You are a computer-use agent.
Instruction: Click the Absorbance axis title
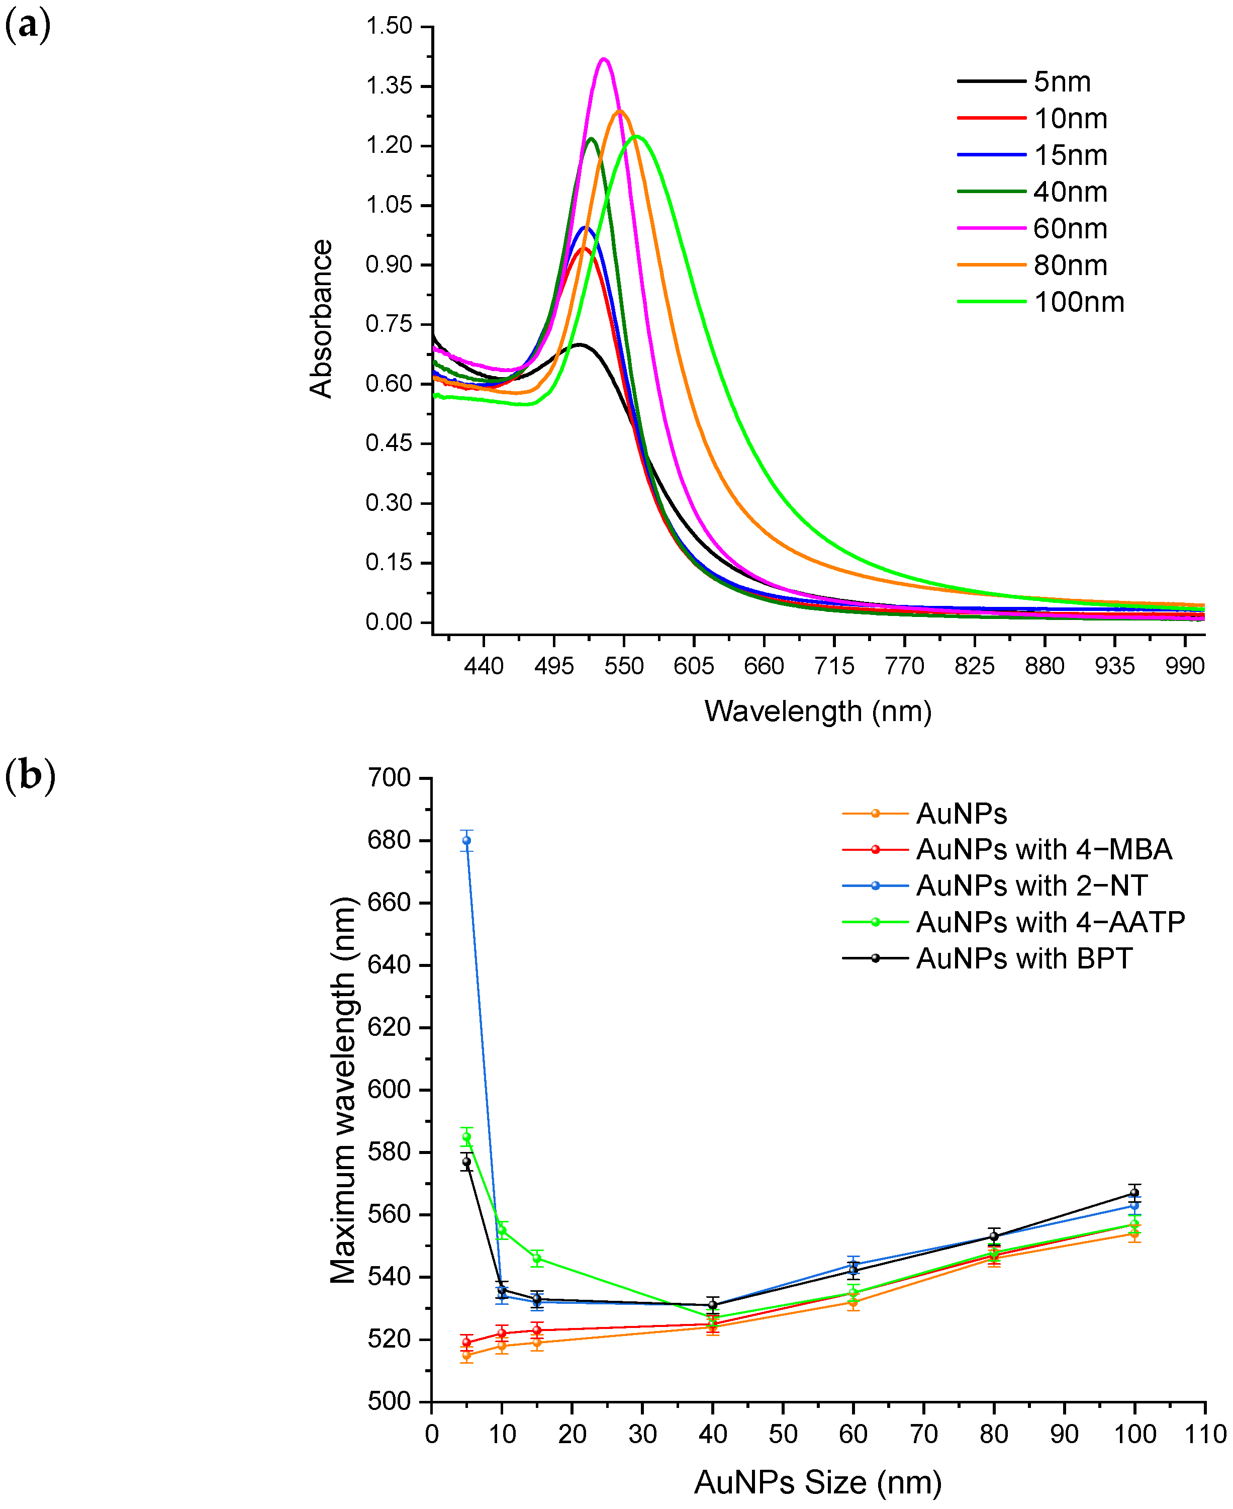(321, 318)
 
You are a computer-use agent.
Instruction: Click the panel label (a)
(27, 26)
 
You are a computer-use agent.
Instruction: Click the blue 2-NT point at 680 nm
(466, 840)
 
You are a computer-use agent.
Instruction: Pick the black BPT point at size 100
(1134, 1193)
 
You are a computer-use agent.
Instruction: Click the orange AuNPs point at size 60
(853, 1302)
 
